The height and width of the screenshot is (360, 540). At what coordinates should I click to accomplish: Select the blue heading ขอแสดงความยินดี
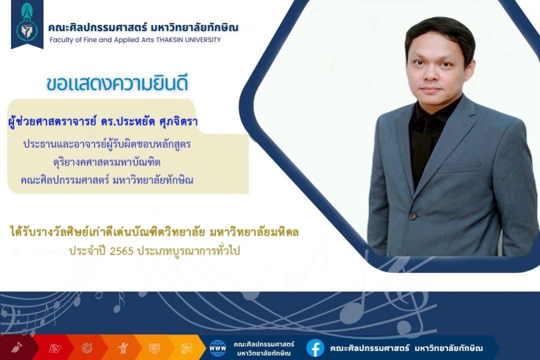[117, 83]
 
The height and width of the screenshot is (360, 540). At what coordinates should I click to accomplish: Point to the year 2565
[121, 251]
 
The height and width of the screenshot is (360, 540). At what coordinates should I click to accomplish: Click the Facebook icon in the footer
[315, 348]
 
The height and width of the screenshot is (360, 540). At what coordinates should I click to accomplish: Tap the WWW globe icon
[217, 348]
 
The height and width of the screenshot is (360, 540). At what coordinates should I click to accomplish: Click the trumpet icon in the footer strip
[16, 347]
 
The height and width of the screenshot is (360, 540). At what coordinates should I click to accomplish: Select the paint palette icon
[87, 348]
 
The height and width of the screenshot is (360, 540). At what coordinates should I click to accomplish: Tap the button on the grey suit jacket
[412, 216]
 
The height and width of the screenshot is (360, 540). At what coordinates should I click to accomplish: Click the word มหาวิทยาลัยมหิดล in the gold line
[254, 232]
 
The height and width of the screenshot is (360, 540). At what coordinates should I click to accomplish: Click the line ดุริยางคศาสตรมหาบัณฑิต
[107, 162]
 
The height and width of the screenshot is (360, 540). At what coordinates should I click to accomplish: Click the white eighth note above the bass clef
[119, 302]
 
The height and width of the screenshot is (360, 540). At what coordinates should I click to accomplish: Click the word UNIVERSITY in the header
[203, 39]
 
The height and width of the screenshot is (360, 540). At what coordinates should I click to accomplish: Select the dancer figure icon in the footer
[123, 347]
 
